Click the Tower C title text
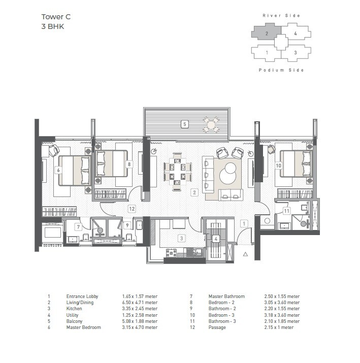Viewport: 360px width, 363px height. click(x=55, y=17)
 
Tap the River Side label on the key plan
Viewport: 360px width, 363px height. click(x=281, y=16)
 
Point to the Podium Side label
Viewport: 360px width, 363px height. click(x=281, y=70)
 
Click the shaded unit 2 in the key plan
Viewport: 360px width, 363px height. click(x=266, y=35)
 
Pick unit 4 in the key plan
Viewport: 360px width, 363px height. click(x=295, y=35)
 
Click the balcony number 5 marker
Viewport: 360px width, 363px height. click(x=185, y=124)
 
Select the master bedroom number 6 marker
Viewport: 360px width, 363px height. click(x=58, y=170)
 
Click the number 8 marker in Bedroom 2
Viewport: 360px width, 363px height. click(x=129, y=164)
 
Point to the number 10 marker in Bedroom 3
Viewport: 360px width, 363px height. click(x=278, y=165)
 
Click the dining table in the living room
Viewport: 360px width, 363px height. click(x=177, y=172)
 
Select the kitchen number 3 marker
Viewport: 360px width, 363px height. click(x=181, y=238)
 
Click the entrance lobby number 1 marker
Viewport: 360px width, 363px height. click(x=244, y=223)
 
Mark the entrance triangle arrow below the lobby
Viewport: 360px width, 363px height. click(x=245, y=253)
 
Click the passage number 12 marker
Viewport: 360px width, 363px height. click(x=132, y=209)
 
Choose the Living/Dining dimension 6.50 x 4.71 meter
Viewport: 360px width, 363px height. click(x=140, y=303)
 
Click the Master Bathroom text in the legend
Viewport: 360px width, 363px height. click(x=226, y=296)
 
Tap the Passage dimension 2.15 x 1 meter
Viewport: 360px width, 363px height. click(x=280, y=327)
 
